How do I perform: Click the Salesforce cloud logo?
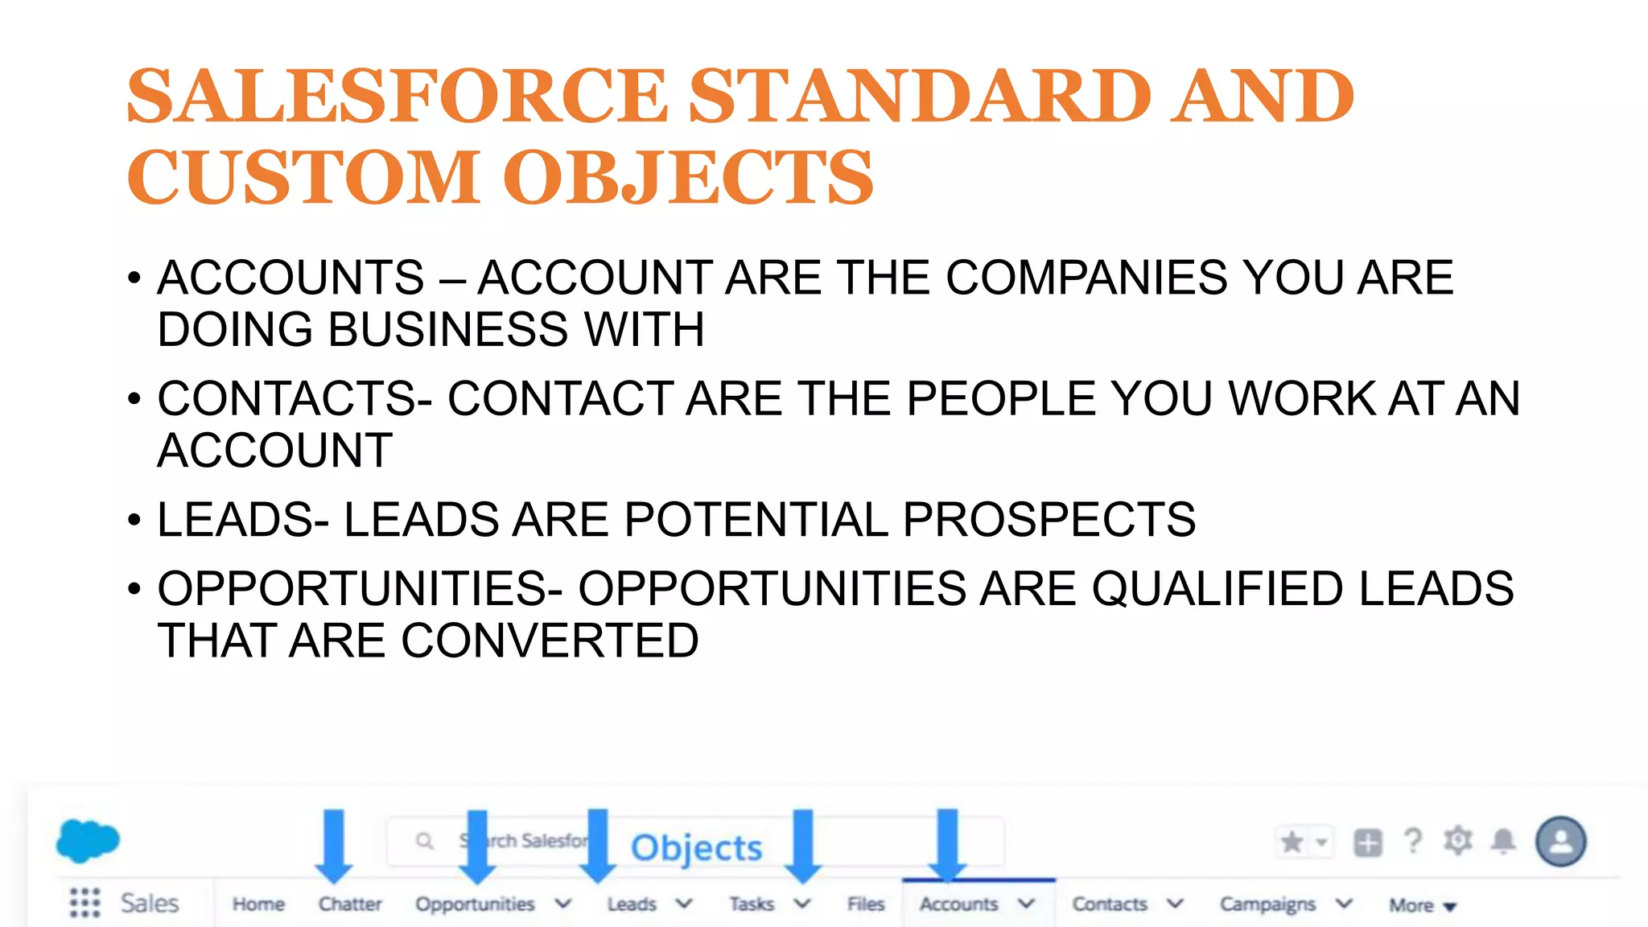tap(88, 841)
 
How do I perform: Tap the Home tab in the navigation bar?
tap(258, 904)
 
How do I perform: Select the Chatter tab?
tap(350, 904)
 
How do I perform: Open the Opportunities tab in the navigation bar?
tap(475, 904)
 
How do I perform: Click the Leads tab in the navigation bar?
tap(632, 904)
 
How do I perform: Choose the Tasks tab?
tap(752, 904)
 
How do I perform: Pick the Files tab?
tap(866, 904)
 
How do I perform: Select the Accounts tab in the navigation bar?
tap(958, 904)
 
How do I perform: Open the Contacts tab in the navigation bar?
tap(1110, 904)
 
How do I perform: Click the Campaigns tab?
tap(1267, 904)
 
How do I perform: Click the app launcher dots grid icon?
tap(84, 903)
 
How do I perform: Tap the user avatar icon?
tap(1560, 842)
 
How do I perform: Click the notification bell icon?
tap(1503, 842)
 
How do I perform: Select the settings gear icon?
tap(1458, 841)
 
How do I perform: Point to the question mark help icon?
tap(1413, 842)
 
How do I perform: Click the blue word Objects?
tap(696, 848)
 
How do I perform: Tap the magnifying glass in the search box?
tap(425, 842)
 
